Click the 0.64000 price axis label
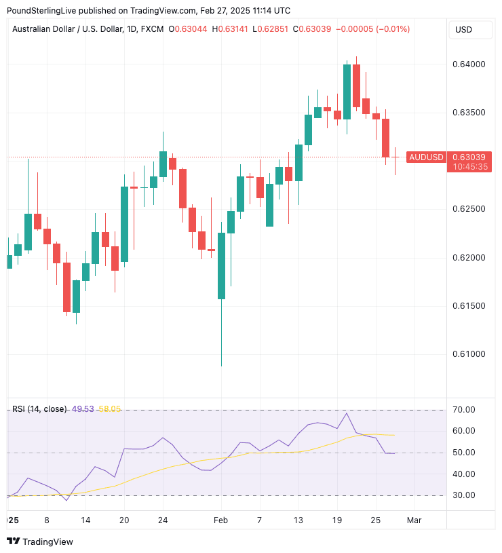[469, 64]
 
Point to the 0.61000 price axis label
[469, 354]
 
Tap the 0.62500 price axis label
[469, 209]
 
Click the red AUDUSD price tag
[426, 157]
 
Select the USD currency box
[464, 30]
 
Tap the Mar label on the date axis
[414, 520]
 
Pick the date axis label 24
[163, 520]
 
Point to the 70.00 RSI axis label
[465, 410]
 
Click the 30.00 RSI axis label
[465, 495]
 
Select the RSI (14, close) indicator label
[39, 409]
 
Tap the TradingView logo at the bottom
[40, 541]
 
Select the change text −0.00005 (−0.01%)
[374, 29]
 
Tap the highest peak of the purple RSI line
[347, 413]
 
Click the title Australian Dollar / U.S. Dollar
[68, 29]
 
